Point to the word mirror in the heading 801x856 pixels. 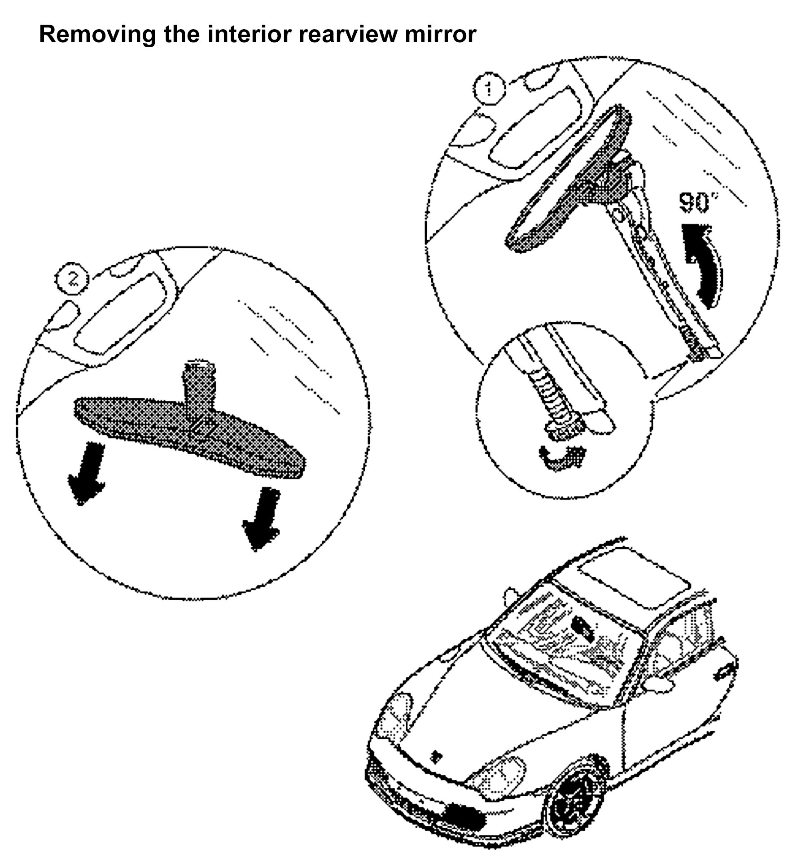click(440, 35)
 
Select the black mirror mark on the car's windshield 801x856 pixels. click(582, 628)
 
